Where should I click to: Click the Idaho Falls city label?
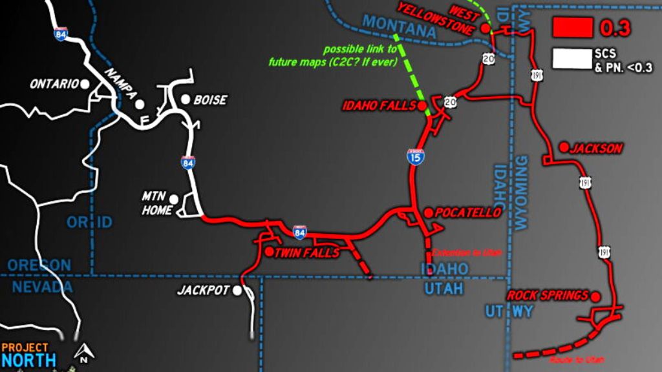point(378,106)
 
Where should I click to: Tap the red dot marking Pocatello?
point(428,212)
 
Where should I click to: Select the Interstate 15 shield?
point(416,156)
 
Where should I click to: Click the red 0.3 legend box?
point(572,28)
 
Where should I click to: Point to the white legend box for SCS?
point(572,58)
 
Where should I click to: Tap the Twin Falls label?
point(306,253)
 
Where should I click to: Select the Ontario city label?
point(54,84)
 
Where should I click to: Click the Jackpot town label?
point(203,291)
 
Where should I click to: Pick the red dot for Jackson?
point(564,147)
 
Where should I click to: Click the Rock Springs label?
point(548,295)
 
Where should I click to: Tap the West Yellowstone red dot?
point(485,28)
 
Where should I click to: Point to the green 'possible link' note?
point(360,56)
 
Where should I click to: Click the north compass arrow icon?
point(83,353)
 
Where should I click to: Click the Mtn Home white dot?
point(173,198)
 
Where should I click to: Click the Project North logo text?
point(28,355)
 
